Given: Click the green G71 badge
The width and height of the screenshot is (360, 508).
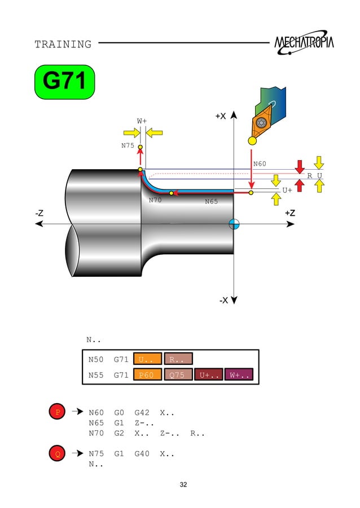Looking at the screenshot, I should click(x=64, y=82).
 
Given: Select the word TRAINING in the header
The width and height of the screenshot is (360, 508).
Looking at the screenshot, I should click(x=63, y=44).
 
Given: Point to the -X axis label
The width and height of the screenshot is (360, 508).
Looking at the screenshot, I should click(x=223, y=300).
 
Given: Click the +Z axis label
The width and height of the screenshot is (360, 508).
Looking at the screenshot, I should click(x=289, y=213).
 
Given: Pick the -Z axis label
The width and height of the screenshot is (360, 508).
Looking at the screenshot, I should click(x=39, y=213).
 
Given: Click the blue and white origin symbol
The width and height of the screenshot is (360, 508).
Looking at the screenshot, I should click(x=234, y=224).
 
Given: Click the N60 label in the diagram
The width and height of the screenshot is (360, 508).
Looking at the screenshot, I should click(x=260, y=164).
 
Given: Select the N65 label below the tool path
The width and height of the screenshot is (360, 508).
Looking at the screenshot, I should click(x=211, y=201).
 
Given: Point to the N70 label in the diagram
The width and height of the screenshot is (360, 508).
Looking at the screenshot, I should click(x=155, y=200).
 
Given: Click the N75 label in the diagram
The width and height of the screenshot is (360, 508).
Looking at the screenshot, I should click(x=128, y=145).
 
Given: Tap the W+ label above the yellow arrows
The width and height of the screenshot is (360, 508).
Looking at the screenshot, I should click(x=142, y=121).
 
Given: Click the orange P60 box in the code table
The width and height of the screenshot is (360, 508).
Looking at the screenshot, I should click(x=147, y=374).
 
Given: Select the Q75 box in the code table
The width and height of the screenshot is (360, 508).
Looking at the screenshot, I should click(x=178, y=374).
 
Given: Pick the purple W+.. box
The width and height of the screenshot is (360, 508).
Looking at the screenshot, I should click(x=238, y=374).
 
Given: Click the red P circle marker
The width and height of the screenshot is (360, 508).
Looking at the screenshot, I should click(x=57, y=413).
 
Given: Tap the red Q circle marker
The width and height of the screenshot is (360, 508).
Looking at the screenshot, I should click(x=57, y=453).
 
